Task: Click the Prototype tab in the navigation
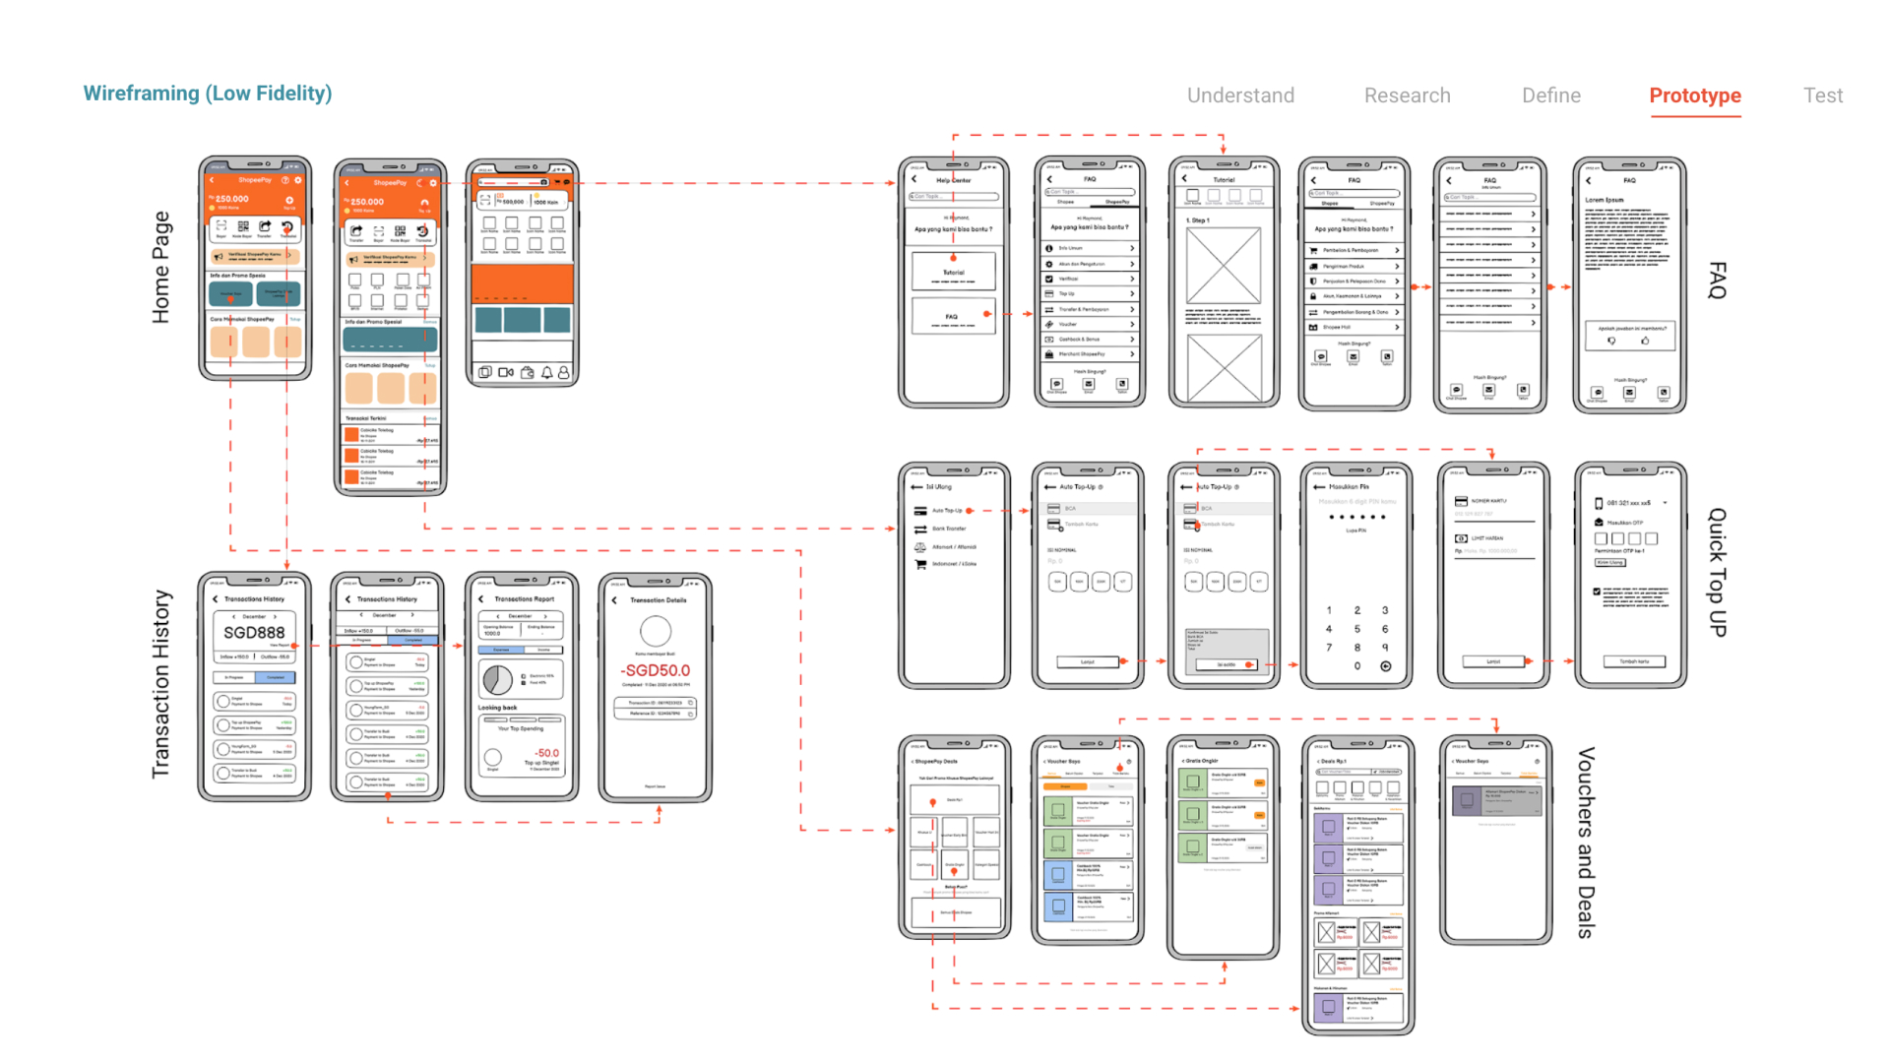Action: tap(1695, 95)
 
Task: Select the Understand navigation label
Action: tap(1240, 95)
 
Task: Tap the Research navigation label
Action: tap(1407, 95)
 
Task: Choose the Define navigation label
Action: tap(1550, 95)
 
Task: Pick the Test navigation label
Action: tap(1822, 95)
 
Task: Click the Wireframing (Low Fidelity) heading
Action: tap(208, 94)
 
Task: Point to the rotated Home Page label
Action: tap(161, 267)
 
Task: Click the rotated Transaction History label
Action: tap(161, 684)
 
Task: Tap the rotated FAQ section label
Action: tap(1717, 281)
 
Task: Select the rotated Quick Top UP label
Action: tap(1717, 572)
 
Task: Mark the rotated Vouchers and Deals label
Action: tap(1585, 843)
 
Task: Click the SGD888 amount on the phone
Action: tap(254, 633)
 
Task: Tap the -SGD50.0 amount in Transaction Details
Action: tap(656, 670)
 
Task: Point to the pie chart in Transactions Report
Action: tap(497, 679)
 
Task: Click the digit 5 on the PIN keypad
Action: tap(1356, 629)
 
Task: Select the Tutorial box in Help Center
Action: tap(954, 272)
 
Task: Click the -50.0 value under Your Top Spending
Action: tap(546, 753)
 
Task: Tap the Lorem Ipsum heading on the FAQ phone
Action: tap(1605, 200)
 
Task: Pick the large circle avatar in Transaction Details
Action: tap(656, 631)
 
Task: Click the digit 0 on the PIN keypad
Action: tap(1356, 666)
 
